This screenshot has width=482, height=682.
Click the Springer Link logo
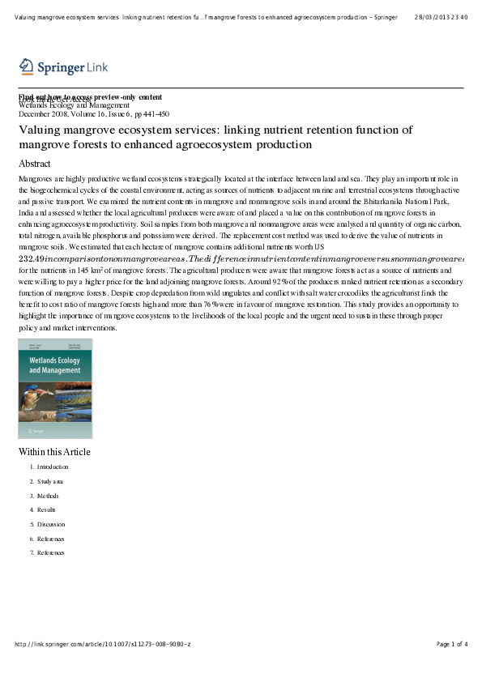click(63, 66)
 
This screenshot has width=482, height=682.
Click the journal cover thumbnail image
click(55, 389)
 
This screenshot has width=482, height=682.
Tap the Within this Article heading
click(54, 452)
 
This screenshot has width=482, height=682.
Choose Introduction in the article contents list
click(53, 467)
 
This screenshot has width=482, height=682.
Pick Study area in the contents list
click(49, 481)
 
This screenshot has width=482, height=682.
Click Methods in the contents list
click(48, 496)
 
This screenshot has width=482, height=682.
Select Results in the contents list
click(47, 510)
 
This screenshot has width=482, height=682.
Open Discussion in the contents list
click(51, 524)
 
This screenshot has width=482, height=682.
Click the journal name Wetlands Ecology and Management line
click(74, 105)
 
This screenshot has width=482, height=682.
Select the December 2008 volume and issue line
click(93, 114)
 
